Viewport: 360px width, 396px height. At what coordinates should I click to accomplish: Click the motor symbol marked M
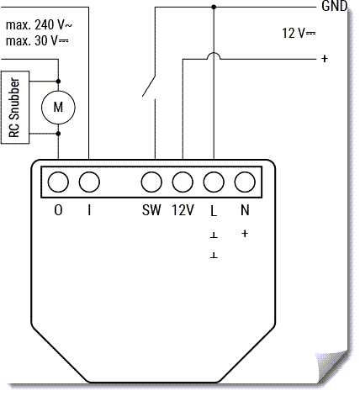58,108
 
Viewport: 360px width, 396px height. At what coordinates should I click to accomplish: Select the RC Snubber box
15,108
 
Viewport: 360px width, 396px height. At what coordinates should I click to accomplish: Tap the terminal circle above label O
58,182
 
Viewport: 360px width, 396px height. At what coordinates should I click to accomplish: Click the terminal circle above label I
89,182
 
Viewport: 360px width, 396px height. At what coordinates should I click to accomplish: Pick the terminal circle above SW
151,182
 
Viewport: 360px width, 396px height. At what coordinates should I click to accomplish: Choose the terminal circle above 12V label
183,182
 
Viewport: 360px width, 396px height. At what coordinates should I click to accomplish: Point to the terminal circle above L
214,182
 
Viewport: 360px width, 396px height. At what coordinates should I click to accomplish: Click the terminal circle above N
245,182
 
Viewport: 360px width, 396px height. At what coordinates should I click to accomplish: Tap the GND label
335,6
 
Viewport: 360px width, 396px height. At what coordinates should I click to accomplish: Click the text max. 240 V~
39,25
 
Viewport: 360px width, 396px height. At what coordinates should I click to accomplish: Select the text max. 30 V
37,41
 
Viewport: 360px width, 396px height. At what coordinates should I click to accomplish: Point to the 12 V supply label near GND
299,33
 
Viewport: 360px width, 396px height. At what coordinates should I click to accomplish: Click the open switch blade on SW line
148,87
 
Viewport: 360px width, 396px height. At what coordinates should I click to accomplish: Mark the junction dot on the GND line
214,7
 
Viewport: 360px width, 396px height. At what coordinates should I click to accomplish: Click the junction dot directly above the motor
58,82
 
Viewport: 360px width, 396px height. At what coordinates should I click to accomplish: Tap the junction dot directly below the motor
58,134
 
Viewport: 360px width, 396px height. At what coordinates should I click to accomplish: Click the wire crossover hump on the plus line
214,55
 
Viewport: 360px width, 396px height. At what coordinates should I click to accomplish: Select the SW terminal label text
151,210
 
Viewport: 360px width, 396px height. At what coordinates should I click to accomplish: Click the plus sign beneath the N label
245,234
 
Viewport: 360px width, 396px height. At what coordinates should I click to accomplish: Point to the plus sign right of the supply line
325,59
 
